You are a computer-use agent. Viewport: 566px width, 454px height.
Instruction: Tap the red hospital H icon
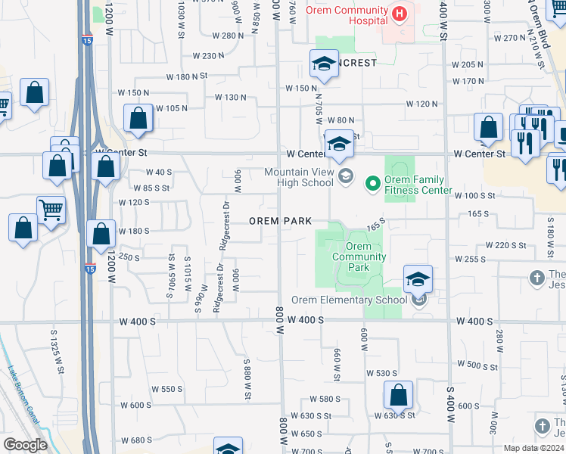(x=399, y=14)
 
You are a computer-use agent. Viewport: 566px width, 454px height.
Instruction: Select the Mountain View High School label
(x=299, y=177)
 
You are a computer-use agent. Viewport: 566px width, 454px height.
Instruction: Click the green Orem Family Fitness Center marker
(x=372, y=182)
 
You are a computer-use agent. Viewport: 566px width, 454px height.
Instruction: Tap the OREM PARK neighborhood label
(x=281, y=221)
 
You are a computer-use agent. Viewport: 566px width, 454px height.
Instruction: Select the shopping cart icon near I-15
(x=51, y=210)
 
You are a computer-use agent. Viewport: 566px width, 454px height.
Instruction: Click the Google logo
(x=25, y=445)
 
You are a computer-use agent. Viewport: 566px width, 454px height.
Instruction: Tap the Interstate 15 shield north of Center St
(x=88, y=41)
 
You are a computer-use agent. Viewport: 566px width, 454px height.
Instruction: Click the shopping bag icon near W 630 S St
(x=398, y=395)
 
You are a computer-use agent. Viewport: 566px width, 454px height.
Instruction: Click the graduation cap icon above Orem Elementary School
(x=417, y=279)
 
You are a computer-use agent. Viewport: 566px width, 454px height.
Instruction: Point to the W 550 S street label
(x=167, y=389)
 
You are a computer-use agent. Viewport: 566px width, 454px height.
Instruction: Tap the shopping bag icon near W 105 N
(x=138, y=118)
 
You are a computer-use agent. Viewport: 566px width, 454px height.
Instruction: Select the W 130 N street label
(x=231, y=97)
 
